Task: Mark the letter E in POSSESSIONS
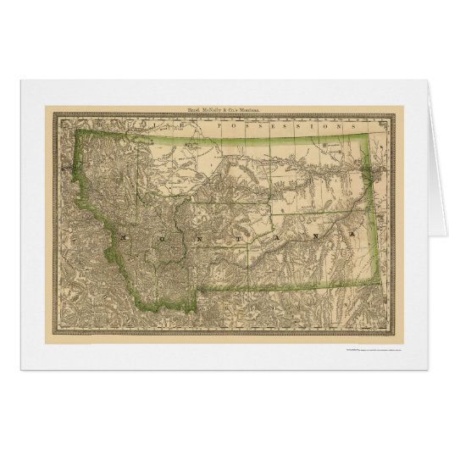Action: [269, 125]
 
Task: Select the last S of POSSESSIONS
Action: [356, 125]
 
